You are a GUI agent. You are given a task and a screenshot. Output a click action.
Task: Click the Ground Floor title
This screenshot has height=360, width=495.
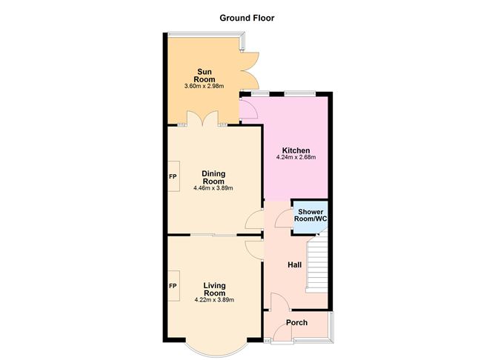[247, 18]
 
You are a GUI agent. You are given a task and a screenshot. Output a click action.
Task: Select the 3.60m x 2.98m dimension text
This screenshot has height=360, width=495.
[204, 87]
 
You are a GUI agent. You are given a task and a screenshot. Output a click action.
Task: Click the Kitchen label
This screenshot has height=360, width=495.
[296, 150]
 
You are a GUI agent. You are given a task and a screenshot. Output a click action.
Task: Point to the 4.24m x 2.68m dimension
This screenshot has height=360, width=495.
[296, 158]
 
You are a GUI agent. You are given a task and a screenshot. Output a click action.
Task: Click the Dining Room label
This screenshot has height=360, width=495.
[213, 178]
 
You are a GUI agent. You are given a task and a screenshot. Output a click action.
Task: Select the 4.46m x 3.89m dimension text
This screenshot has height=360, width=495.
[213, 188]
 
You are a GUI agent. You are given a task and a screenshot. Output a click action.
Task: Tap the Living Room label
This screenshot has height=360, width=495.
[213, 289]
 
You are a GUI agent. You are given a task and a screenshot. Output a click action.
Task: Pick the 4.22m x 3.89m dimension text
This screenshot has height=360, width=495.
[213, 299]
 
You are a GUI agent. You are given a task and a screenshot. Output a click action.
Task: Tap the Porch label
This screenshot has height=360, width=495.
[297, 322]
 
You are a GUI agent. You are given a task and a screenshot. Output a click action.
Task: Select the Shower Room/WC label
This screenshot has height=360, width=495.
[309, 215]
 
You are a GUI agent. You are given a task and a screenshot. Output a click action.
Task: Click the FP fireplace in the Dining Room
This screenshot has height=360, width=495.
[173, 177]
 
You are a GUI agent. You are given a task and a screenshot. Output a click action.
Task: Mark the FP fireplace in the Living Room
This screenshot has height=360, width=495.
[173, 286]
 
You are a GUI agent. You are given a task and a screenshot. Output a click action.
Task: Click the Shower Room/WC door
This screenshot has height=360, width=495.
[283, 219]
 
